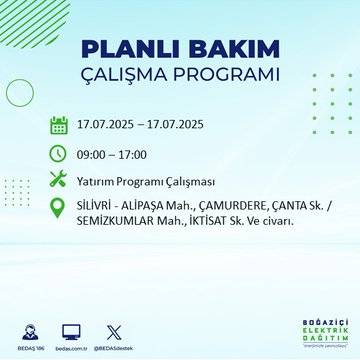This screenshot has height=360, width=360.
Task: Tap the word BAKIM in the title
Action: click(228, 51)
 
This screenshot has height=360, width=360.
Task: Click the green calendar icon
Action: click(59, 125)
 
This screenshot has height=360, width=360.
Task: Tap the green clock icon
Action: click(59, 154)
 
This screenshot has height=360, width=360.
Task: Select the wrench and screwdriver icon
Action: click(59, 182)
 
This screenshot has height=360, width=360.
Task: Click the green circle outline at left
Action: click(19, 91)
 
